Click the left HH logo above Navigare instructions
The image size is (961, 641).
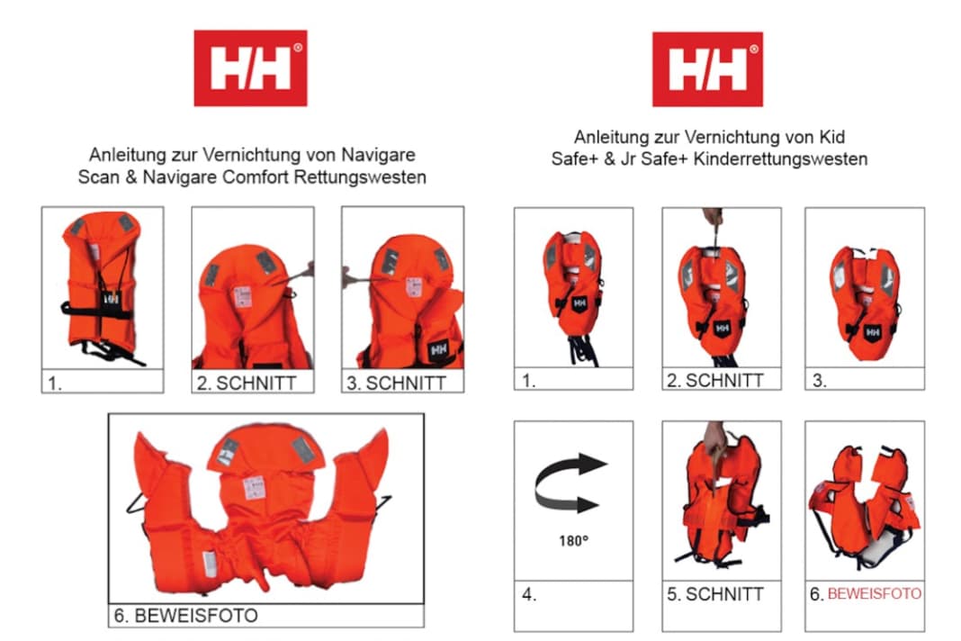tap(250, 68)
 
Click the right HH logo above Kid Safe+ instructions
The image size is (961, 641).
tap(707, 69)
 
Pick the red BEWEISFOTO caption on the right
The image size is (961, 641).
tap(874, 594)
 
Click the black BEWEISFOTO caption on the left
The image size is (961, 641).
tap(192, 616)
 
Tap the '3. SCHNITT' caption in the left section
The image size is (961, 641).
tap(396, 383)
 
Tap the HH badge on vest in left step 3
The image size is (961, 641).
tap(439, 348)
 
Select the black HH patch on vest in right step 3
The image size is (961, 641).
tap(871, 332)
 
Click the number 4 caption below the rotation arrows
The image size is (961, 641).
tap(528, 594)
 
